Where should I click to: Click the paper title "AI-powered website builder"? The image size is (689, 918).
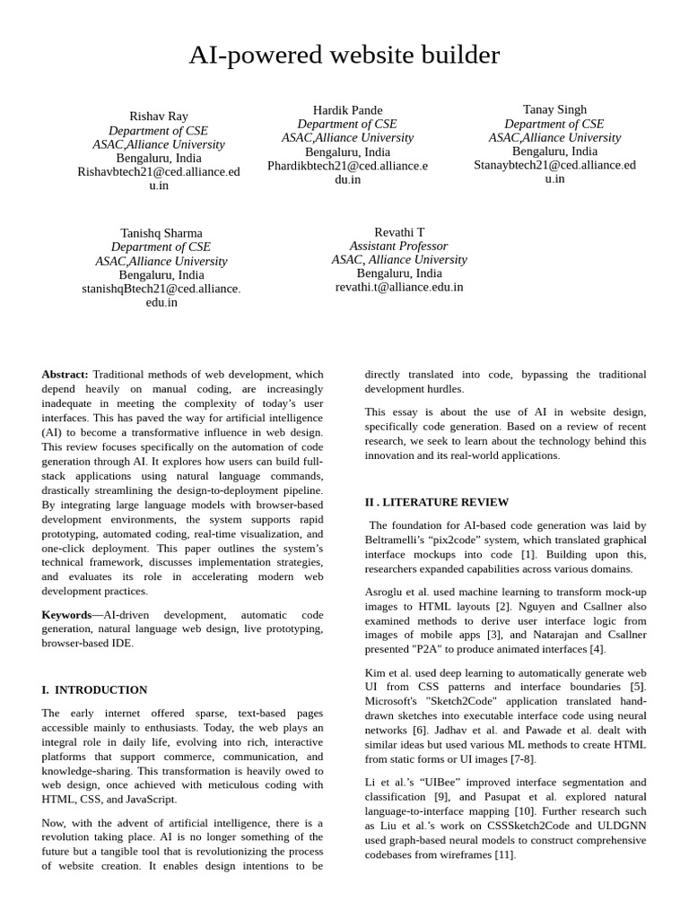coord(344,56)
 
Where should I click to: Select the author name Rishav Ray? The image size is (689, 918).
coord(159,117)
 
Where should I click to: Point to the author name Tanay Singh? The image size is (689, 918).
coord(554,109)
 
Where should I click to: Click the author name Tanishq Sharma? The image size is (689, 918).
coord(161,233)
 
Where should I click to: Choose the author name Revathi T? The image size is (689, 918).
coord(399,232)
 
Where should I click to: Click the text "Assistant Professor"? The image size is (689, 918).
coord(398,246)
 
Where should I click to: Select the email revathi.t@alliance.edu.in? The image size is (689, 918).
coord(399,287)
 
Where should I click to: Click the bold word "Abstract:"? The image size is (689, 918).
coord(65,374)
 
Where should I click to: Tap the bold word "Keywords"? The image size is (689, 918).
coord(66,615)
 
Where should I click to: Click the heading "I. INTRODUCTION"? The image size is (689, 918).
coord(94,689)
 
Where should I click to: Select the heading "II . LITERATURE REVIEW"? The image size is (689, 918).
coord(436,502)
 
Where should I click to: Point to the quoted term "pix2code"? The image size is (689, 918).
coord(459,541)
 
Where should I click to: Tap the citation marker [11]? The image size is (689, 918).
coord(505,855)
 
